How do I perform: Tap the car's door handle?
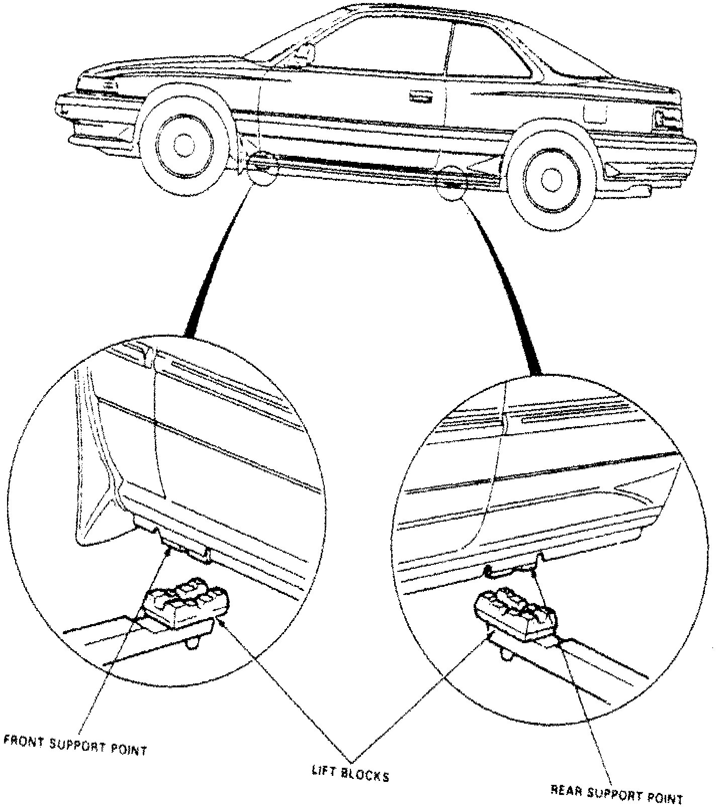pyautogui.click(x=420, y=96)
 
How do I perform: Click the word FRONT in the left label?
pyautogui.click(x=23, y=740)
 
